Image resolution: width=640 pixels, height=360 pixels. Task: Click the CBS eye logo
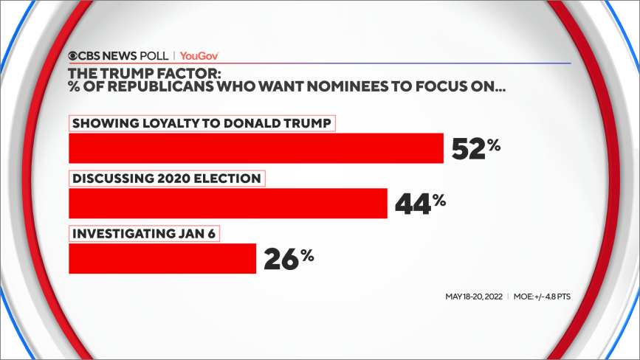tap(75, 55)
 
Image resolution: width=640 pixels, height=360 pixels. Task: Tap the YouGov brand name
tap(199, 55)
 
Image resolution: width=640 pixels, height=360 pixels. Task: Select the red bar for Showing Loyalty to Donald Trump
tap(255, 148)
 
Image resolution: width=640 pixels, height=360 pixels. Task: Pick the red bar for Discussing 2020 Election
tap(227, 203)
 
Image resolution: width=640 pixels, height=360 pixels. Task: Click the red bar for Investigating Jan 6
tap(162, 258)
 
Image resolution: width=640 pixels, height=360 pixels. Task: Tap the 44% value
tap(420, 203)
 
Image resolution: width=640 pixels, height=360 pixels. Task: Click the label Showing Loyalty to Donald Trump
tap(202, 123)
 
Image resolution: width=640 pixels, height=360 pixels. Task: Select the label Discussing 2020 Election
tap(166, 179)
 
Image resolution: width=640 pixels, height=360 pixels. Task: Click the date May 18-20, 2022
tap(473, 297)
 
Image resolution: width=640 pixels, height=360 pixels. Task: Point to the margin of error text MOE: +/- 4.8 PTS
tap(543, 297)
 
